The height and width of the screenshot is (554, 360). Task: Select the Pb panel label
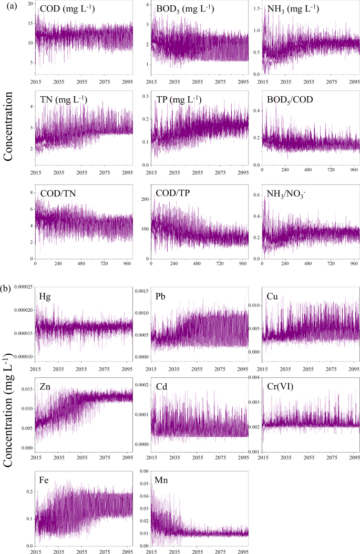[x=161, y=296]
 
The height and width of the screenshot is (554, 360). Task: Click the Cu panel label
[x=275, y=296]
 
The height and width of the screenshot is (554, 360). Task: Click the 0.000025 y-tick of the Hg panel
[x=20, y=286]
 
